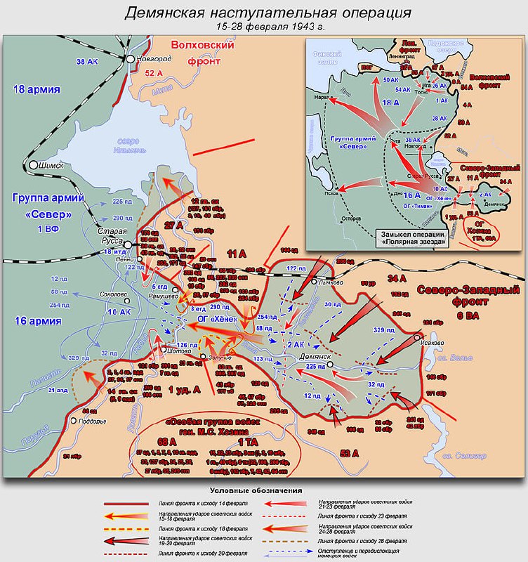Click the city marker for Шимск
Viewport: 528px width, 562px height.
tap(33, 165)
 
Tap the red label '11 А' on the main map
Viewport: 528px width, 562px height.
tap(241, 254)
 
